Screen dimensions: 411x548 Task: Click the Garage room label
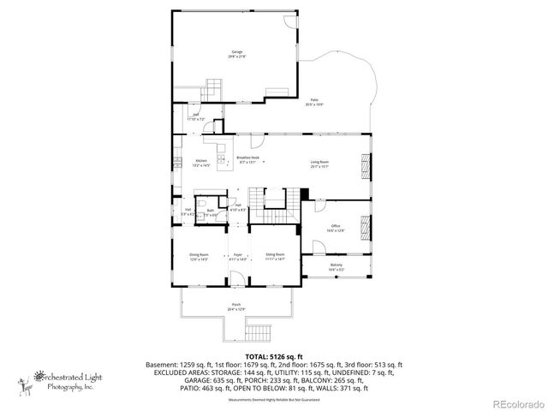click(x=237, y=52)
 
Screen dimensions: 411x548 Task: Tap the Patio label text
click(x=314, y=101)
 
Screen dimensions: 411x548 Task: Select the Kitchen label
click(x=201, y=162)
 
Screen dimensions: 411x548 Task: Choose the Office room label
click(x=337, y=229)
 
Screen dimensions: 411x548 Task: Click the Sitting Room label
click(x=275, y=255)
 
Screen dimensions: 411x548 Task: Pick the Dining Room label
click(x=200, y=255)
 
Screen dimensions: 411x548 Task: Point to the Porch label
click(x=236, y=306)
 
